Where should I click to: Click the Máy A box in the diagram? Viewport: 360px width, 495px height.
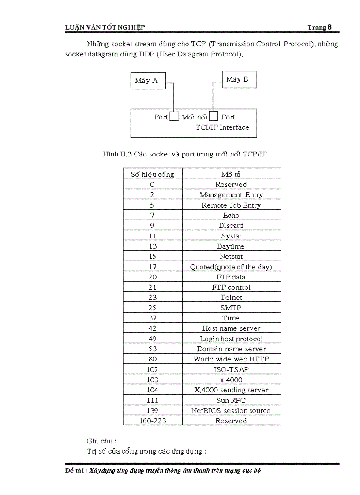[x=148, y=81]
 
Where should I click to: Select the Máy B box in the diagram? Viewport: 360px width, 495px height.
[x=239, y=79]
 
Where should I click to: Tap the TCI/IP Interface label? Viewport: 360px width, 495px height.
[x=222, y=127]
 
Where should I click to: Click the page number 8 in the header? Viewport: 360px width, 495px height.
[x=329, y=27]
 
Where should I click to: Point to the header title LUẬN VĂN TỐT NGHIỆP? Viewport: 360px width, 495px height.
[x=105, y=28]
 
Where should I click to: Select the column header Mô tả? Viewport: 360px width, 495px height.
[x=231, y=174]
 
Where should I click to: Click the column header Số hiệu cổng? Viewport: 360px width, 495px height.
[x=152, y=174]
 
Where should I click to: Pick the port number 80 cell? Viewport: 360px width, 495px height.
[x=152, y=359]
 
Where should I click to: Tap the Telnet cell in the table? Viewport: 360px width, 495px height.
[x=231, y=298]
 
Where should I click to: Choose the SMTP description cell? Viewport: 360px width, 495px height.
[x=231, y=308]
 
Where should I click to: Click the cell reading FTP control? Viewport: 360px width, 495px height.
[x=231, y=287]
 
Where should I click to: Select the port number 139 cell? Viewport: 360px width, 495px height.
[x=152, y=410]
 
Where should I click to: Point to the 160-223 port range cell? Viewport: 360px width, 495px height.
[x=152, y=421]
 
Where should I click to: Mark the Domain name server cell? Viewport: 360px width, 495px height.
[x=231, y=349]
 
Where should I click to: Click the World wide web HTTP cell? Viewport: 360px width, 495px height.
[x=231, y=359]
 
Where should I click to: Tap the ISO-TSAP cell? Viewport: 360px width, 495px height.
[x=231, y=369]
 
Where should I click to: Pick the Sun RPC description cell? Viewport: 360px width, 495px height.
[x=231, y=400]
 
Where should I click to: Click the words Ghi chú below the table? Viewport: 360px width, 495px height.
[x=101, y=441]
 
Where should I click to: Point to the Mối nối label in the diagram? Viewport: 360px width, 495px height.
[x=194, y=117]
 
